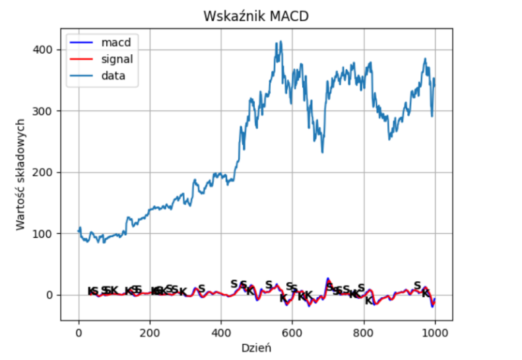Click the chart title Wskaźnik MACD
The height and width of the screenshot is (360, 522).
[x=256, y=16]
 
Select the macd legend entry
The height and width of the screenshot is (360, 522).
[x=115, y=43]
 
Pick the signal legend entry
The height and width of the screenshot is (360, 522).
[x=117, y=59]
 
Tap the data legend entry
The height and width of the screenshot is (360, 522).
[x=114, y=75]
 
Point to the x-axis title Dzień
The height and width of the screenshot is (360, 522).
[x=256, y=347]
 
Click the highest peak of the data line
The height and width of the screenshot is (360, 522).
[x=280, y=42]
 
